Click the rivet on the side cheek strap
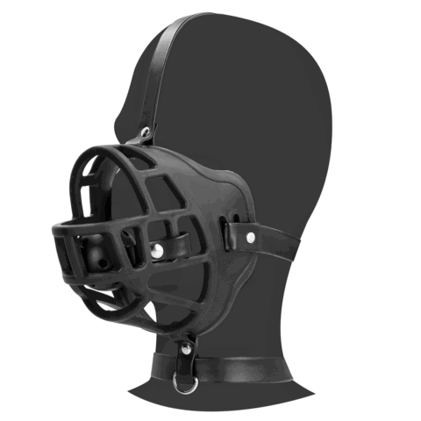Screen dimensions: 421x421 tap(250, 237)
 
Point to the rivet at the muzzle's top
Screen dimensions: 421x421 tap(145, 132)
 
